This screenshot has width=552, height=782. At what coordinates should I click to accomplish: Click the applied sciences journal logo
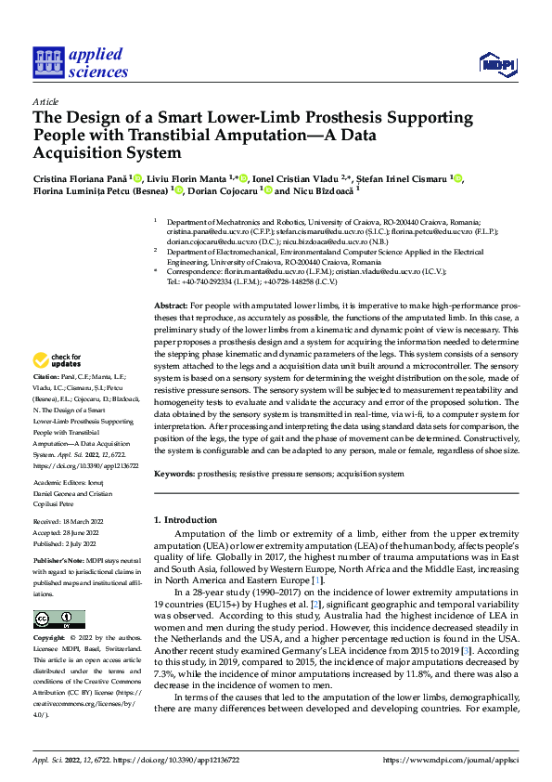pyautogui.click(x=81, y=62)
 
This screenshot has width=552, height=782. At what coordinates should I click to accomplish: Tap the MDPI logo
pyautogui.click(x=496, y=63)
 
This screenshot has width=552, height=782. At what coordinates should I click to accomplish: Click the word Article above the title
pyautogui.click(x=45, y=101)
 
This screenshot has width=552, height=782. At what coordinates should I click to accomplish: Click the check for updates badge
pyautogui.click(x=58, y=359)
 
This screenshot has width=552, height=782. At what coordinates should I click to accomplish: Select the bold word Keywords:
pyautogui.click(x=175, y=474)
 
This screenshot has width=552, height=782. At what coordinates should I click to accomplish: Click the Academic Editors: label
pyautogui.click(x=59, y=483)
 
